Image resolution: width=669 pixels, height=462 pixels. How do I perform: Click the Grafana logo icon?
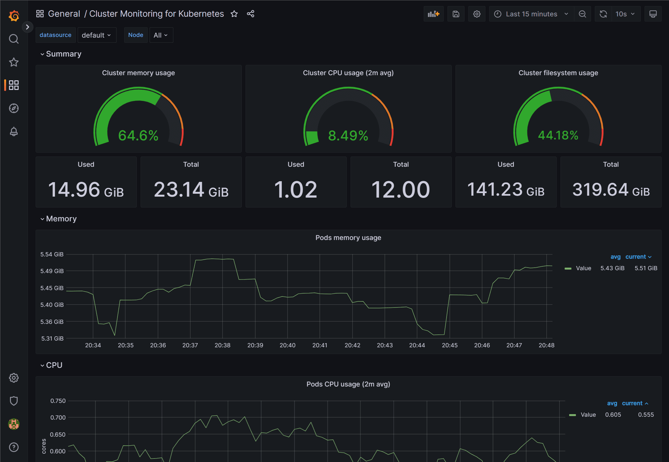14,15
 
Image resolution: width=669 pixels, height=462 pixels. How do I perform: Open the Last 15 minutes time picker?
531,14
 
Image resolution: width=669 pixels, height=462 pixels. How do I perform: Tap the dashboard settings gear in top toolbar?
477,14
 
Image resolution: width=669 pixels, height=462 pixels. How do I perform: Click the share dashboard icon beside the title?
250,14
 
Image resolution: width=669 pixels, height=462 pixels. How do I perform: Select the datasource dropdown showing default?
96,35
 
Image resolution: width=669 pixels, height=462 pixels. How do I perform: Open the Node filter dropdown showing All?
161,35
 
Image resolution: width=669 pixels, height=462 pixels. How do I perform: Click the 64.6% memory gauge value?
138,136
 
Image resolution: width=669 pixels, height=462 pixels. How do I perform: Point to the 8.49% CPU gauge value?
348,136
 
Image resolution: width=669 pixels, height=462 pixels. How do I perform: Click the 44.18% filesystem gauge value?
558,135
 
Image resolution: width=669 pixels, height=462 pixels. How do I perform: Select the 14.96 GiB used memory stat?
86,189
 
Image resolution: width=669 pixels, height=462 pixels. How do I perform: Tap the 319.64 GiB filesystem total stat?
611,189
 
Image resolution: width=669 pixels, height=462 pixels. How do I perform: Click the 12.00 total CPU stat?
401,189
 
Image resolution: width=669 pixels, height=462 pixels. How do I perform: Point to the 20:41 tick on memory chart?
320,345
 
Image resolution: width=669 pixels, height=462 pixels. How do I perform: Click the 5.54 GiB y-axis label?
52,254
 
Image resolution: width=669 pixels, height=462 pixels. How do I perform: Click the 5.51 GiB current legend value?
646,268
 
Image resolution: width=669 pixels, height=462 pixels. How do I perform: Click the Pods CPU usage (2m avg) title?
348,384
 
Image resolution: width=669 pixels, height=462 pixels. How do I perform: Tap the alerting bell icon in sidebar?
14,131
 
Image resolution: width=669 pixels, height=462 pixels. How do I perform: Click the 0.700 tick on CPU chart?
58,418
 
